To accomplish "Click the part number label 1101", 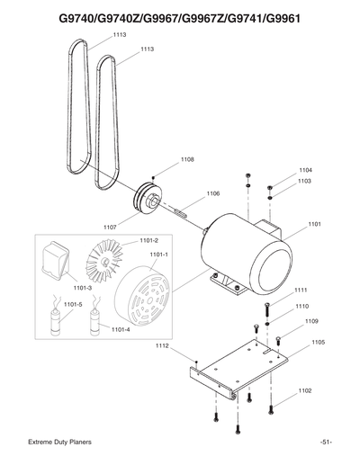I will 314,224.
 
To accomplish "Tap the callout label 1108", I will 187,160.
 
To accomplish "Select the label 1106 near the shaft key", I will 213,193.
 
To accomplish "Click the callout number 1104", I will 306,170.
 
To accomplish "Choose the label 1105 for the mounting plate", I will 318,343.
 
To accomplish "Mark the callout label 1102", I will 305,391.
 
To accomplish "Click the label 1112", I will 163,345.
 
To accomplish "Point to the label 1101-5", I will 72,305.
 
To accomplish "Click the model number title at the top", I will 179,18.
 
